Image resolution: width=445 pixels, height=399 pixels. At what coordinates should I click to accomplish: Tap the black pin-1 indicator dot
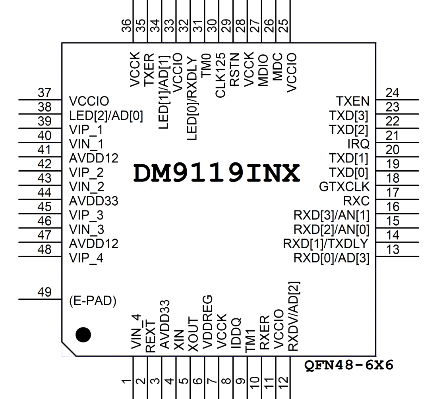point(83,335)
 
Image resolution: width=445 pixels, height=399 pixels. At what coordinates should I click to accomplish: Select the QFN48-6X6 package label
point(349,365)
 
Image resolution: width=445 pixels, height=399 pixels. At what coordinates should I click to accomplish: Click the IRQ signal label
point(358,144)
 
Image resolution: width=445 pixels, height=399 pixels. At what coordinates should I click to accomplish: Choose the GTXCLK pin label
point(344,187)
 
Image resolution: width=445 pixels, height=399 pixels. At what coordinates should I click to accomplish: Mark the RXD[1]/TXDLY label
point(326,243)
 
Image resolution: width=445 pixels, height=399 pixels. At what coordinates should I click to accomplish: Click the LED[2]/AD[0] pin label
point(106,116)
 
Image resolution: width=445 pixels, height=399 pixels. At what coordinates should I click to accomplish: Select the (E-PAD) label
point(93,301)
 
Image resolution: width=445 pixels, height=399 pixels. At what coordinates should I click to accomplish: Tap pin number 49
point(45,292)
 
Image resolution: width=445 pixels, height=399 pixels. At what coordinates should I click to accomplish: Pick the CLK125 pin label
point(221,75)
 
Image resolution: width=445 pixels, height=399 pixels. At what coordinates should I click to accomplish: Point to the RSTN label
point(235,70)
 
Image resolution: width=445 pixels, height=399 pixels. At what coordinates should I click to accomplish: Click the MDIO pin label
point(263,70)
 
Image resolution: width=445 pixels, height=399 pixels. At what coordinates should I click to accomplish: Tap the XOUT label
point(193,334)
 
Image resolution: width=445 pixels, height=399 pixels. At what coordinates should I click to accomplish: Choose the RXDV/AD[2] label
point(293,316)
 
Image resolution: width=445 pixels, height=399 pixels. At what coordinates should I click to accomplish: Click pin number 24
point(393,93)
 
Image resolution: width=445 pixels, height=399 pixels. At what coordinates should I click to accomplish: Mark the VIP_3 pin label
point(86,215)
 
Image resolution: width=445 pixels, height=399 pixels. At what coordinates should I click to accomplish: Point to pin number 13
point(393,250)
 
